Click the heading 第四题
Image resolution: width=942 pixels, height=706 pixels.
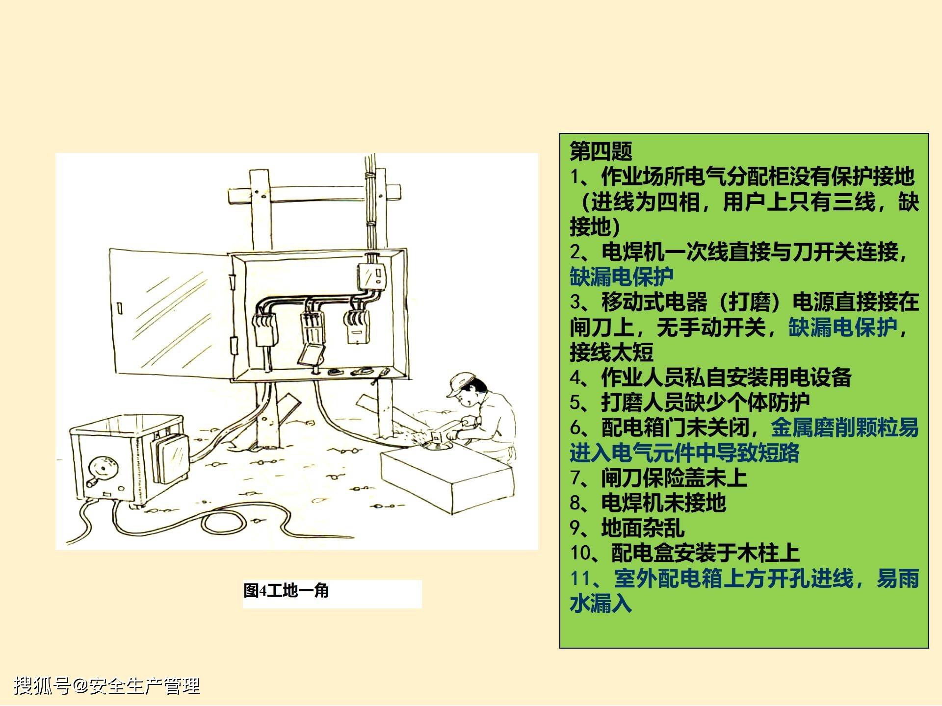[x=601, y=151]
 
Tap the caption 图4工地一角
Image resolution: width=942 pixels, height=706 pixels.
[x=286, y=590]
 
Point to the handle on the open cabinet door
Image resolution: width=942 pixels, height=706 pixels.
[x=120, y=308]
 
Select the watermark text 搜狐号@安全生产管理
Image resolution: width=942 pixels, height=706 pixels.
[x=107, y=685]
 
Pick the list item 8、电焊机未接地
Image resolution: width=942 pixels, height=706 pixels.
[x=648, y=503]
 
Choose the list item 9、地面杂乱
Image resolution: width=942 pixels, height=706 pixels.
[x=627, y=528]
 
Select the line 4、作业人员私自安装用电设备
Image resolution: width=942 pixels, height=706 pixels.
[x=710, y=378]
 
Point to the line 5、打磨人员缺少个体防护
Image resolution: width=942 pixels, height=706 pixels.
[x=689, y=403]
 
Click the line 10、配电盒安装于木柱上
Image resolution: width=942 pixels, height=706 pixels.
[x=684, y=553]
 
